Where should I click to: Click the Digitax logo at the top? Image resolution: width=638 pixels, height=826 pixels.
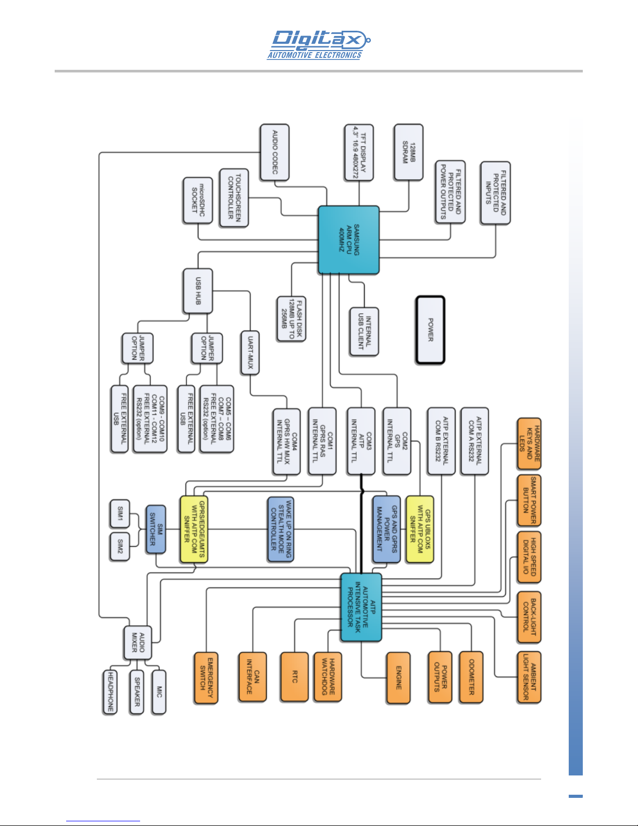click(x=319, y=45)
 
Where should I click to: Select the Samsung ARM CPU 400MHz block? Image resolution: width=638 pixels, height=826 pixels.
click(x=348, y=240)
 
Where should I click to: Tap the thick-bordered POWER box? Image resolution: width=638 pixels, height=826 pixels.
click(x=430, y=330)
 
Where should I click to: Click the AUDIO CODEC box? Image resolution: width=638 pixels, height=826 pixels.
click(x=274, y=152)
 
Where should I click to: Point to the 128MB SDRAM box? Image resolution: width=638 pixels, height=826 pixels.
click(x=409, y=152)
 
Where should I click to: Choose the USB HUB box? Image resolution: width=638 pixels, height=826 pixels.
click(x=198, y=291)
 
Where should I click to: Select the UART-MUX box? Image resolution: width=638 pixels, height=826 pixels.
click(x=251, y=352)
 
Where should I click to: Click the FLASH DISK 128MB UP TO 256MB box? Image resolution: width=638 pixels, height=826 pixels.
click(x=292, y=319)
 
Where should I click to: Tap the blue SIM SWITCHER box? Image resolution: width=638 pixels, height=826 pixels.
click(x=156, y=529)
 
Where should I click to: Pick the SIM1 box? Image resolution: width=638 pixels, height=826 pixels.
click(x=120, y=513)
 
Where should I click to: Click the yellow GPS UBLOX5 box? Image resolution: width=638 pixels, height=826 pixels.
click(x=420, y=529)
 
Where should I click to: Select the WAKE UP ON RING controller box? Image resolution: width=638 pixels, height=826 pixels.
click(x=281, y=529)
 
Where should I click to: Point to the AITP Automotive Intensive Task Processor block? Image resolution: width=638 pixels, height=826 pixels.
click(x=361, y=608)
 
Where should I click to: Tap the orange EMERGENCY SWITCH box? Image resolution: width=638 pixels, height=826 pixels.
click(x=206, y=678)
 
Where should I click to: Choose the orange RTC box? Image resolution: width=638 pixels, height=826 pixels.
click(x=295, y=677)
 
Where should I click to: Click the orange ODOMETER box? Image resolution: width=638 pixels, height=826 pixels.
click(x=471, y=677)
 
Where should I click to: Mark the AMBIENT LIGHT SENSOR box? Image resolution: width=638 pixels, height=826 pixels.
click(x=529, y=677)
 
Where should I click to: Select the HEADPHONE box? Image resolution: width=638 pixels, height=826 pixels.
click(x=110, y=692)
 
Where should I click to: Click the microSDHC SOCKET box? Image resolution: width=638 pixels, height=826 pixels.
click(x=198, y=200)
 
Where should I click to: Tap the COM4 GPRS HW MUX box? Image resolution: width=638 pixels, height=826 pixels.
click(x=287, y=441)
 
